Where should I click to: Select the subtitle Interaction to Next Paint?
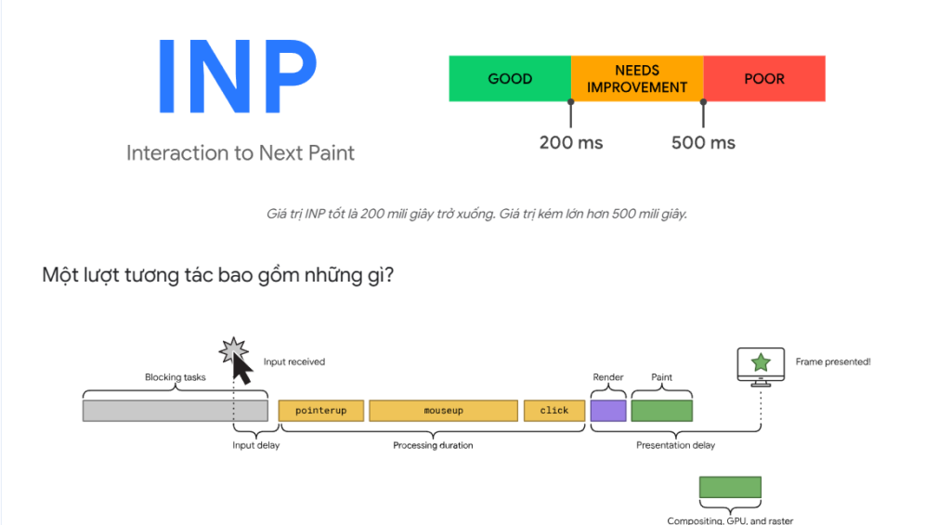coord(241,152)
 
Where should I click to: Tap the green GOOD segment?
coord(510,79)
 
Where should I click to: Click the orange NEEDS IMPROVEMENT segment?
coord(637,79)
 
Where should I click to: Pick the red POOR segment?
coord(764,79)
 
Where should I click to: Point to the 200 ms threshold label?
coord(571,142)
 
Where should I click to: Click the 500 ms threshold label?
coord(703,142)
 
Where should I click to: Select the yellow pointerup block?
coord(320,411)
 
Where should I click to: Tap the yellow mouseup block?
coord(443,411)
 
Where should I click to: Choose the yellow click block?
coord(554,411)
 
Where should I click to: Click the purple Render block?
coord(608,411)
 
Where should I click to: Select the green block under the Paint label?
coord(661,411)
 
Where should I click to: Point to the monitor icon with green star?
coord(761,363)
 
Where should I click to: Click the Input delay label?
coord(255,445)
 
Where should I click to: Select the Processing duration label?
coord(433,445)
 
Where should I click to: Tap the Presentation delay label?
coord(675,445)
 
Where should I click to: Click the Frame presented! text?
coord(833,361)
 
